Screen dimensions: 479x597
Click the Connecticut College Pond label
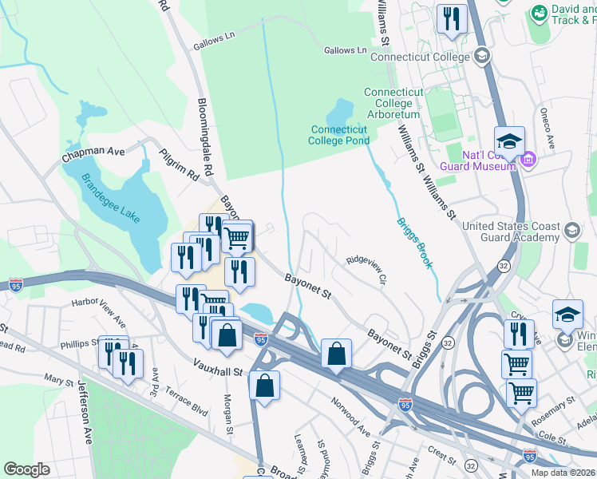pyautogui.click(x=339, y=135)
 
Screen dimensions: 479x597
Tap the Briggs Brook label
pyautogui.click(x=414, y=242)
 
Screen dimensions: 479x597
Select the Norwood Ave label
pyautogui.click(x=351, y=418)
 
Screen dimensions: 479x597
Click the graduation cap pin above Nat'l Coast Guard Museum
pyautogui.click(x=509, y=142)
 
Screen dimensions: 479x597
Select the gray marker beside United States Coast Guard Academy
pyautogui.click(x=571, y=232)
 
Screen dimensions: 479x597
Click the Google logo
pyautogui.click(x=27, y=469)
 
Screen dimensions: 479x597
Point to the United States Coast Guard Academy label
pyautogui.click(x=512, y=232)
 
